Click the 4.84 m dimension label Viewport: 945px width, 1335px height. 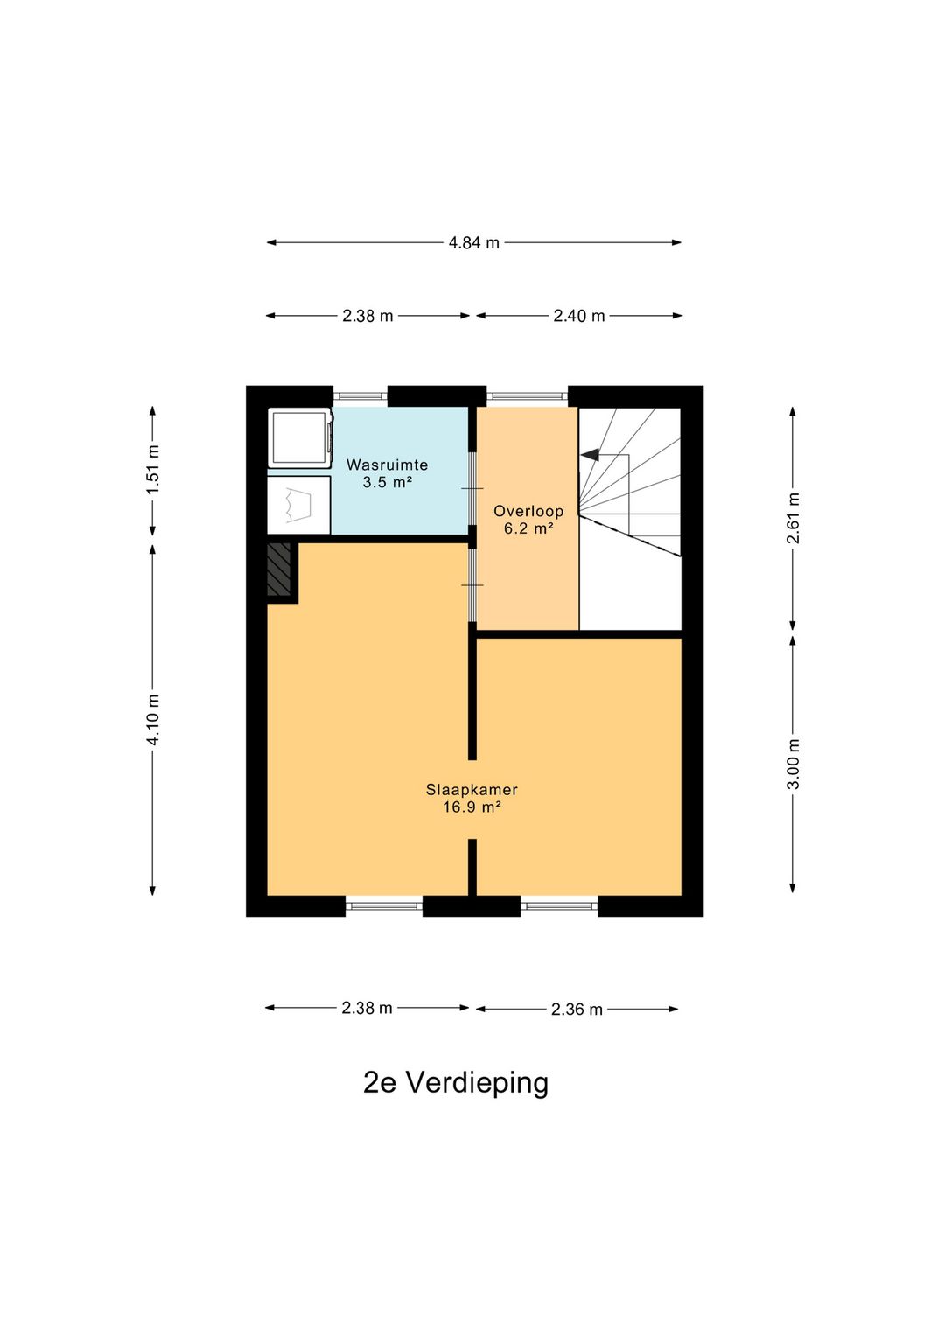point(473,243)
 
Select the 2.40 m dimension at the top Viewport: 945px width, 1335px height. point(578,316)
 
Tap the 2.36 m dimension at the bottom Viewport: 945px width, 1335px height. point(577,1010)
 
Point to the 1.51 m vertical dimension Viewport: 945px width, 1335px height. point(153,470)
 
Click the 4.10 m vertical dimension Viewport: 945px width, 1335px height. point(153,720)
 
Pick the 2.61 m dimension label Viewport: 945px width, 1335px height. point(793,518)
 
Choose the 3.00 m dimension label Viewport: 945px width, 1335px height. point(793,764)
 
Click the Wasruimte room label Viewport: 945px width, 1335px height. point(387,465)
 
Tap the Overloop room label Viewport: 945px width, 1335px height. point(528,511)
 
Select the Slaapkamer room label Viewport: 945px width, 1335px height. point(472,789)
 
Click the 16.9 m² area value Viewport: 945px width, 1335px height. point(472,807)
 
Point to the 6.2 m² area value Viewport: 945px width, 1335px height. point(528,528)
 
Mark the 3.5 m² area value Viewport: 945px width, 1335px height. point(387,483)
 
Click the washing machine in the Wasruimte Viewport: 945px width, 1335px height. point(299,439)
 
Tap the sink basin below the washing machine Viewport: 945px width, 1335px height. point(298,505)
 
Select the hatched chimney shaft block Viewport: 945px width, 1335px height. point(279,570)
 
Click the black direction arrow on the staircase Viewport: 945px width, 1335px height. point(590,455)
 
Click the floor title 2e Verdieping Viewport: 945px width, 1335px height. point(456,1082)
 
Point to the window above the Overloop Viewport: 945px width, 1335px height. point(527,396)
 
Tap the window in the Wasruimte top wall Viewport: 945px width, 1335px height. point(360,396)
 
